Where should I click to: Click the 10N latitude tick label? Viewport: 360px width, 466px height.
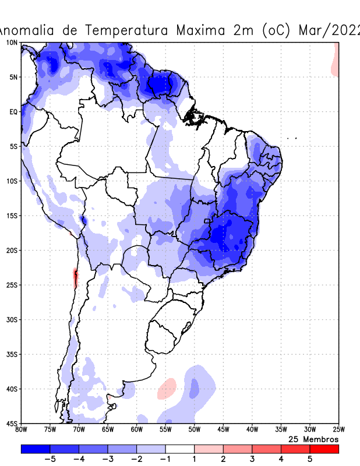pos(11,43)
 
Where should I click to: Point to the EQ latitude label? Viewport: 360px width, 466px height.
pos(13,112)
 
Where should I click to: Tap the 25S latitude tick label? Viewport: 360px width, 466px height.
pos(11,285)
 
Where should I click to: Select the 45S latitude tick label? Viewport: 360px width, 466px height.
pos(11,423)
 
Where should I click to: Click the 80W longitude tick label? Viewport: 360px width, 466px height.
pos(22,430)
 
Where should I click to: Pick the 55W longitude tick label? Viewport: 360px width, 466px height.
pos(165,430)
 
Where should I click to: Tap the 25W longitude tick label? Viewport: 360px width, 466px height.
pos(338,430)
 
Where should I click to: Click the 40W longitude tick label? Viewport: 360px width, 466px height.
pos(252,430)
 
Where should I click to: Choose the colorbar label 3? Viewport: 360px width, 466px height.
pos(252,459)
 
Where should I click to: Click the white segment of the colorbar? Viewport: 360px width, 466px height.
pos(180,449)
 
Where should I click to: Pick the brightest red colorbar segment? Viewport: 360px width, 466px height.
pos(324,449)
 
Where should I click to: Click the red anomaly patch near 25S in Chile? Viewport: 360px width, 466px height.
pos(75,277)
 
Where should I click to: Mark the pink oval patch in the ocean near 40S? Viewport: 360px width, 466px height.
pos(168,388)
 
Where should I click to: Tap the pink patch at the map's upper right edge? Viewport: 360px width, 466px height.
pos(336,63)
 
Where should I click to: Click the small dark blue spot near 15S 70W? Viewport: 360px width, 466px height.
pos(83,220)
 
